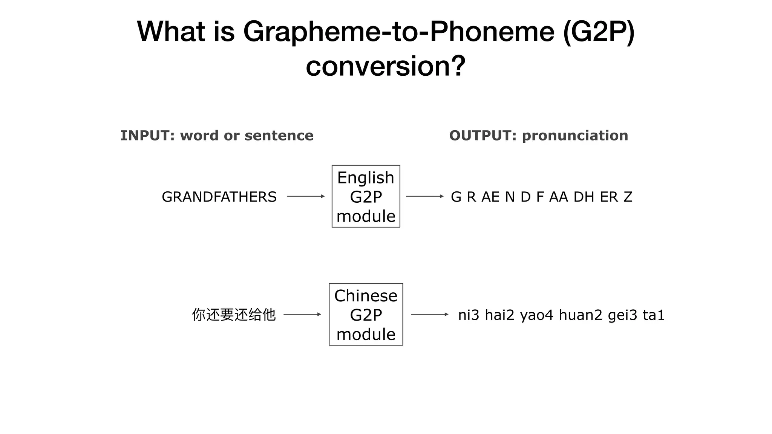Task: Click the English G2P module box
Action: tap(366, 196)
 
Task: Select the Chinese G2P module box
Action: tap(366, 314)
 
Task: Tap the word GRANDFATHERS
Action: tap(219, 197)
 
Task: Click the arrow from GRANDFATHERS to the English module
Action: tap(306, 196)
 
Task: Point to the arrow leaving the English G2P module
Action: tap(425, 196)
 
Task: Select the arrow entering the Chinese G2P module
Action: tap(302, 314)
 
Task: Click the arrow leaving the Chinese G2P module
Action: tap(429, 314)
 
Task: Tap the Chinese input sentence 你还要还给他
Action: tap(234, 315)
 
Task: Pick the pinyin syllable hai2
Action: tap(499, 315)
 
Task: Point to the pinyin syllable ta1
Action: tap(654, 315)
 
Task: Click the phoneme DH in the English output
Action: tap(584, 197)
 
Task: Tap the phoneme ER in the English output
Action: tap(609, 197)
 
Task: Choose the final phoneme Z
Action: tap(628, 197)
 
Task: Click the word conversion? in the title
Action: tap(386, 66)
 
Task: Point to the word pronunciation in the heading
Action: tap(575, 136)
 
